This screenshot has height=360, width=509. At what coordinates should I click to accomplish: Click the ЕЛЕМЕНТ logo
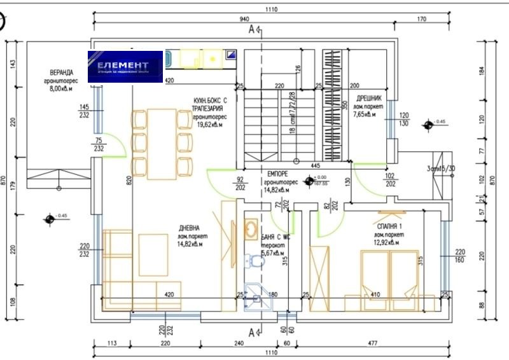(125, 67)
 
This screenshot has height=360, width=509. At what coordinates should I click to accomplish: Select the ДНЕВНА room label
(190, 228)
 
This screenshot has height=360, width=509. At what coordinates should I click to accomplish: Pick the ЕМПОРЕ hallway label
(279, 174)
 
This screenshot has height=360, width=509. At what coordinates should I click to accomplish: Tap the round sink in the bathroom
(251, 228)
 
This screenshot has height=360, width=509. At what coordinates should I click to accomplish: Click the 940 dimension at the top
(244, 19)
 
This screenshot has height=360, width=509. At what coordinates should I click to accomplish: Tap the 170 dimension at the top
(421, 19)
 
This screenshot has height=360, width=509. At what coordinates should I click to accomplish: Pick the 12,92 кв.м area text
(386, 243)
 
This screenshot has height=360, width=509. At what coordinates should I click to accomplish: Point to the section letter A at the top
(251, 29)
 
